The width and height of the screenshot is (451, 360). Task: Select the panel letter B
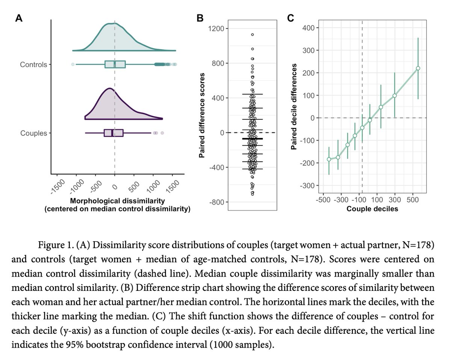[x=200, y=18]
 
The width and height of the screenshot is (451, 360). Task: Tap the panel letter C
[x=291, y=18]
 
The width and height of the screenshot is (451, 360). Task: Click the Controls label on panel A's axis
[x=33, y=65]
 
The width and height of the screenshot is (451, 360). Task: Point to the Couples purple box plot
[x=114, y=133]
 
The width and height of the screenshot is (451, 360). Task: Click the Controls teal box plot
[x=115, y=65]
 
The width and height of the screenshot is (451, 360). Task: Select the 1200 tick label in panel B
[x=216, y=29]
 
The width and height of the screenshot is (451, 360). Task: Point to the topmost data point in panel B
[x=253, y=35]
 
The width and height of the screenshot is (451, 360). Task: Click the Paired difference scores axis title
[x=202, y=116]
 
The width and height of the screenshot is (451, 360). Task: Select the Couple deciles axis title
[x=372, y=209]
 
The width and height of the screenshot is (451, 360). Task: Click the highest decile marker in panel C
[x=418, y=68]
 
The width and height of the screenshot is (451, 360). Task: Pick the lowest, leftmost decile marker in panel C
[x=329, y=159]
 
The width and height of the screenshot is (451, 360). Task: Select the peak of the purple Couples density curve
[x=109, y=89]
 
